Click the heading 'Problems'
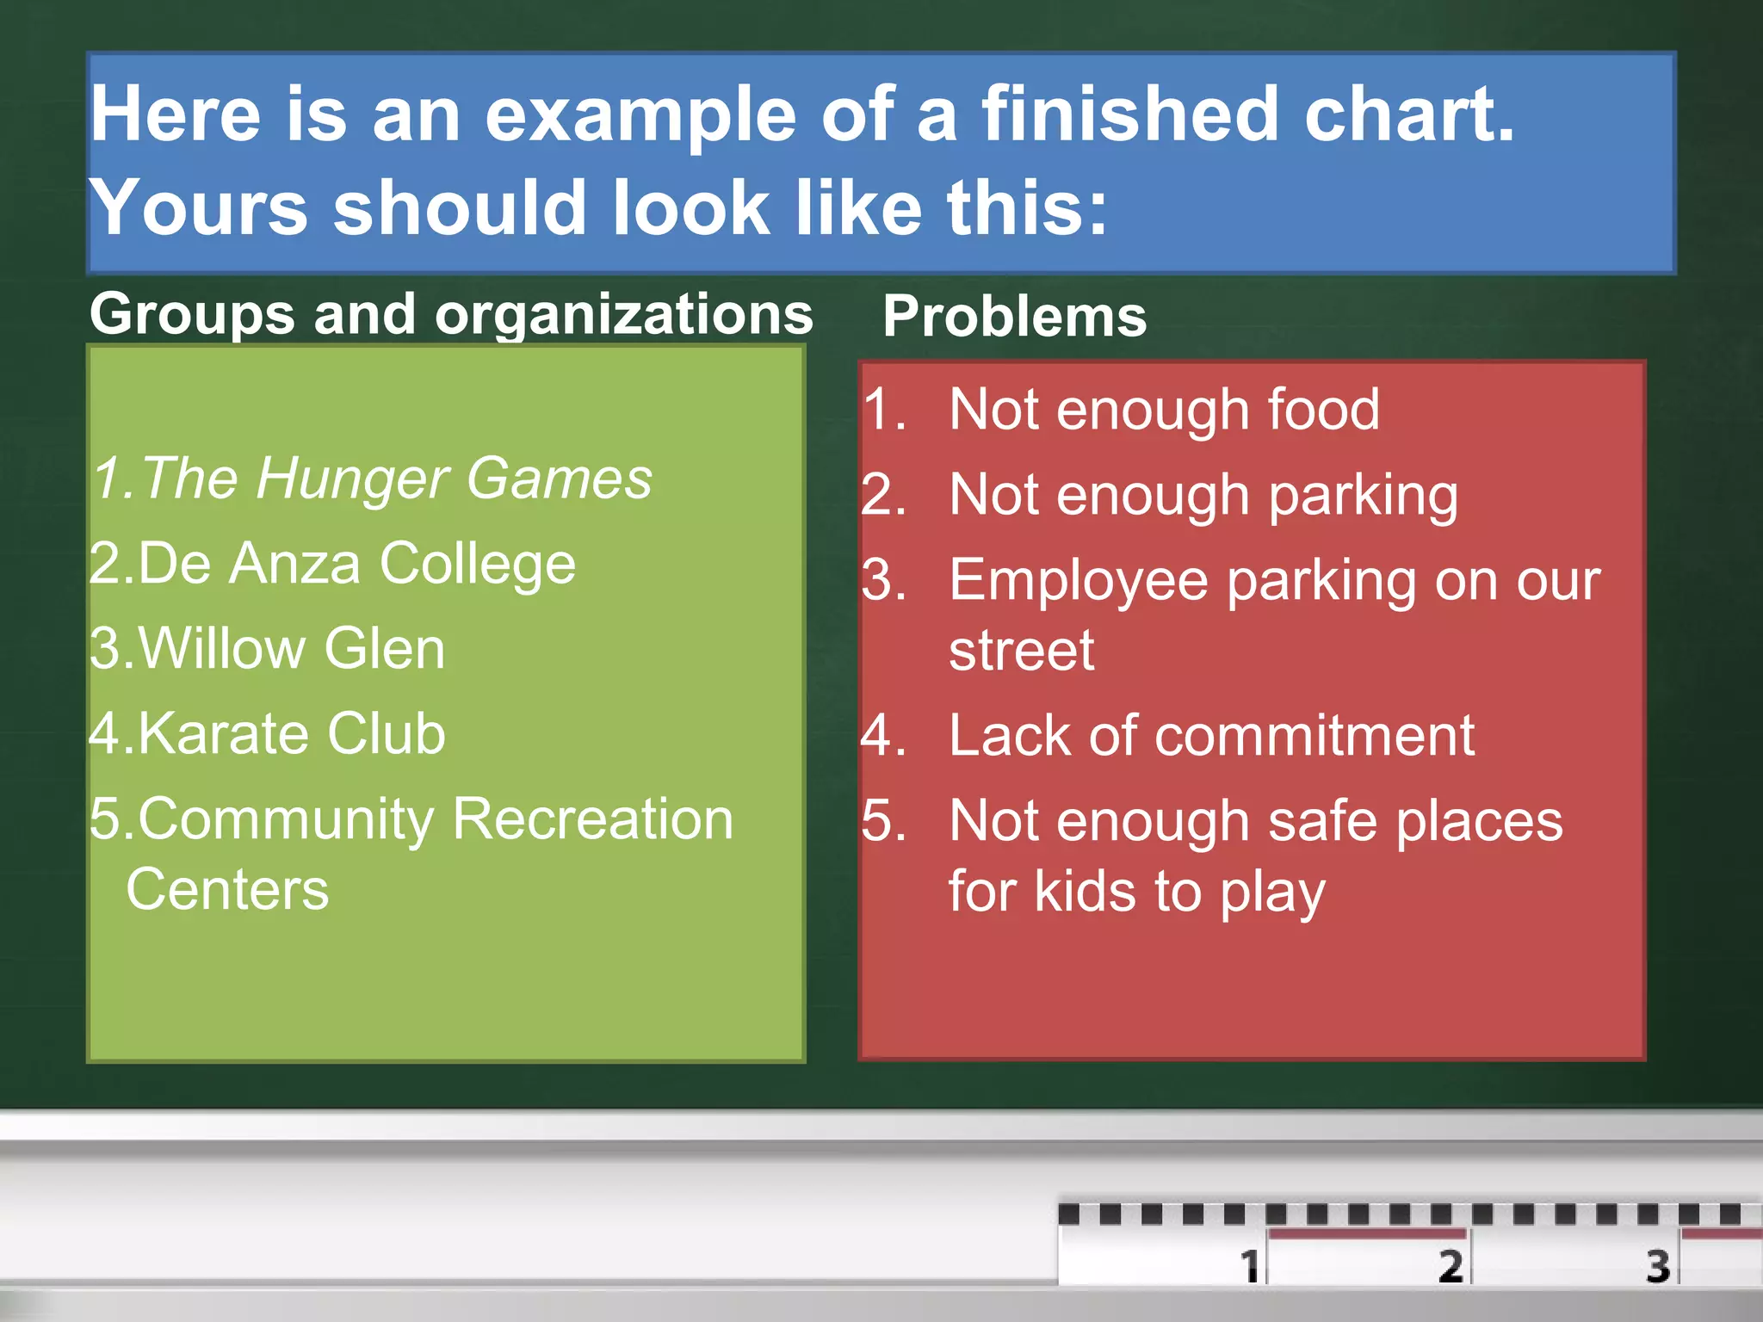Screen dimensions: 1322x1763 (1014, 316)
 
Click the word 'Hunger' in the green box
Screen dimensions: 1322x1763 (352, 479)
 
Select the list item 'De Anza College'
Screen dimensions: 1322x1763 (332, 564)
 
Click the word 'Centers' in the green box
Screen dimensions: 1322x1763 (227, 889)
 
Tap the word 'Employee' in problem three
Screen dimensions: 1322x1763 (1078, 581)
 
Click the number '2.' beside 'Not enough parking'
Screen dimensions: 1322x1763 (884, 497)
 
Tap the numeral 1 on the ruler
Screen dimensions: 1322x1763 (1249, 1265)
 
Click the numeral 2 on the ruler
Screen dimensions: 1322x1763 (1451, 1265)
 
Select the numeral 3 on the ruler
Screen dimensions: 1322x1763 (1658, 1265)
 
